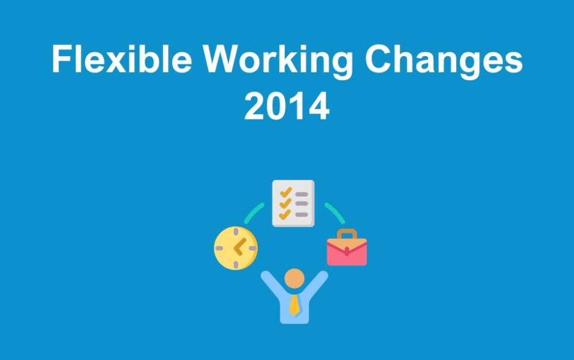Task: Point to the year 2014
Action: click(286, 107)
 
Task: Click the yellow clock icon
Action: click(235, 248)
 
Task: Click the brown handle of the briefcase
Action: click(347, 234)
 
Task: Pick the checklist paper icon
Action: click(293, 203)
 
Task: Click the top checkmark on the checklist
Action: click(285, 191)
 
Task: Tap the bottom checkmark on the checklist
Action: click(285, 214)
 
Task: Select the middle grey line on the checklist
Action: click(301, 204)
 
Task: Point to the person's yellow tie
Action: click(294, 304)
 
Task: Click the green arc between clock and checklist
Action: click(253, 212)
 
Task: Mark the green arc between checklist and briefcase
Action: click(334, 212)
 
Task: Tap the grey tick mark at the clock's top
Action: click(235, 232)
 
